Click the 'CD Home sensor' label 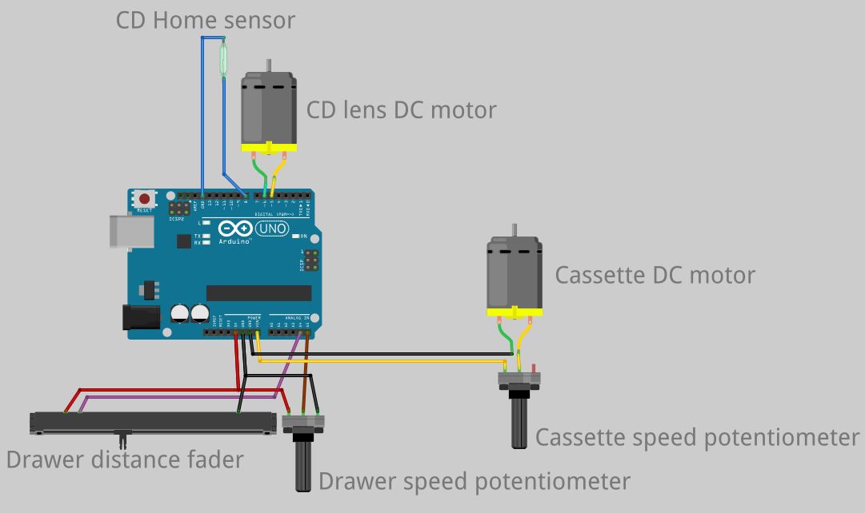pyautogui.click(x=205, y=19)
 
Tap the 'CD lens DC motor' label pyautogui.click(x=402, y=109)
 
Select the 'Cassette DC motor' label pyautogui.click(x=655, y=275)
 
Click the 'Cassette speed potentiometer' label pyautogui.click(x=697, y=437)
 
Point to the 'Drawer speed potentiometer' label pyautogui.click(x=474, y=481)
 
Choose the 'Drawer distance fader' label pyautogui.click(x=124, y=459)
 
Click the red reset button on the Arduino pyautogui.click(x=144, y=199)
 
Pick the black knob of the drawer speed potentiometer pyautogui.click(x=305, y=463)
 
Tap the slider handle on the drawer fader pyautogui.click(x=122, y=439)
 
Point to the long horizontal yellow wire pyautogui.click(x=384, y=361)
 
